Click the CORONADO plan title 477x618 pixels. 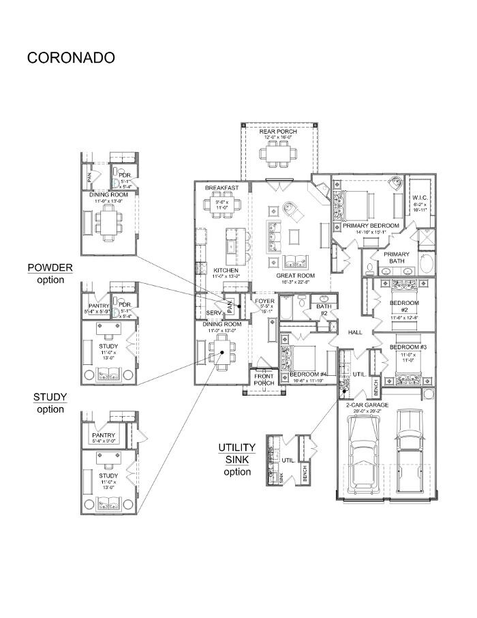pyautogui.click(x=71, y=57)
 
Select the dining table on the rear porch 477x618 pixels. pyautogui.click(x=278, y=156)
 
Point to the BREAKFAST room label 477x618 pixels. pyautogui.click(x=221, y=188)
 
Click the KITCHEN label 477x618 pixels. pyautogui.click(x=225, y=269)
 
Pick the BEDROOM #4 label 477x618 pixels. pyautogui.click(x=309, y=374)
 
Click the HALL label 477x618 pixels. pyautogui.click(x=355, y=332)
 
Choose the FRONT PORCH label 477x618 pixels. pyautogui.click(x=264, y=379)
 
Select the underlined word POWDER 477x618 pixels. pyautogui.click(x=50, y=267)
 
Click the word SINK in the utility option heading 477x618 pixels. pyautogui.click(x=236, y=459)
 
